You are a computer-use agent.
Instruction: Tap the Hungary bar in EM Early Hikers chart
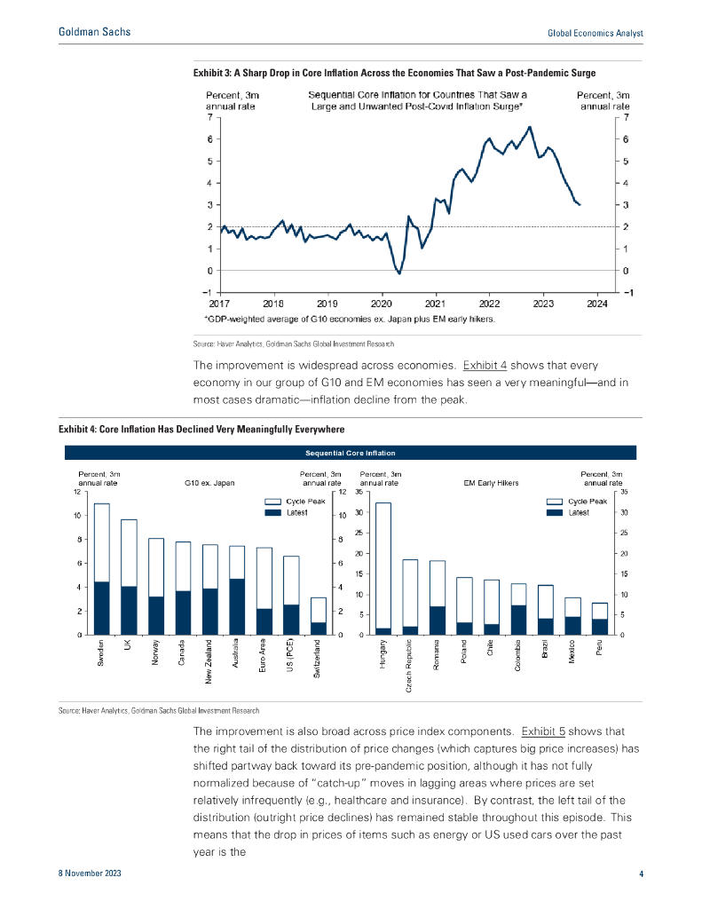[383, 568]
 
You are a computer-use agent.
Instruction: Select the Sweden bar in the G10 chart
[102, 569]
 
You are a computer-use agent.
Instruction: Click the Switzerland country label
[317, 660]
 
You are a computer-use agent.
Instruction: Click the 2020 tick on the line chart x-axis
[382, 301]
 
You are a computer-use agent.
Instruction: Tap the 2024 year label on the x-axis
[597, 301]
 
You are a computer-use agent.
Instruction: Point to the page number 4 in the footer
[641, 874]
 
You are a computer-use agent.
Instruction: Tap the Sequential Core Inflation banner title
[351, 452]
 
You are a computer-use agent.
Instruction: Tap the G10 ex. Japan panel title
[209, 483]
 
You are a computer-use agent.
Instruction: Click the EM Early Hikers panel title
[491, 483]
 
